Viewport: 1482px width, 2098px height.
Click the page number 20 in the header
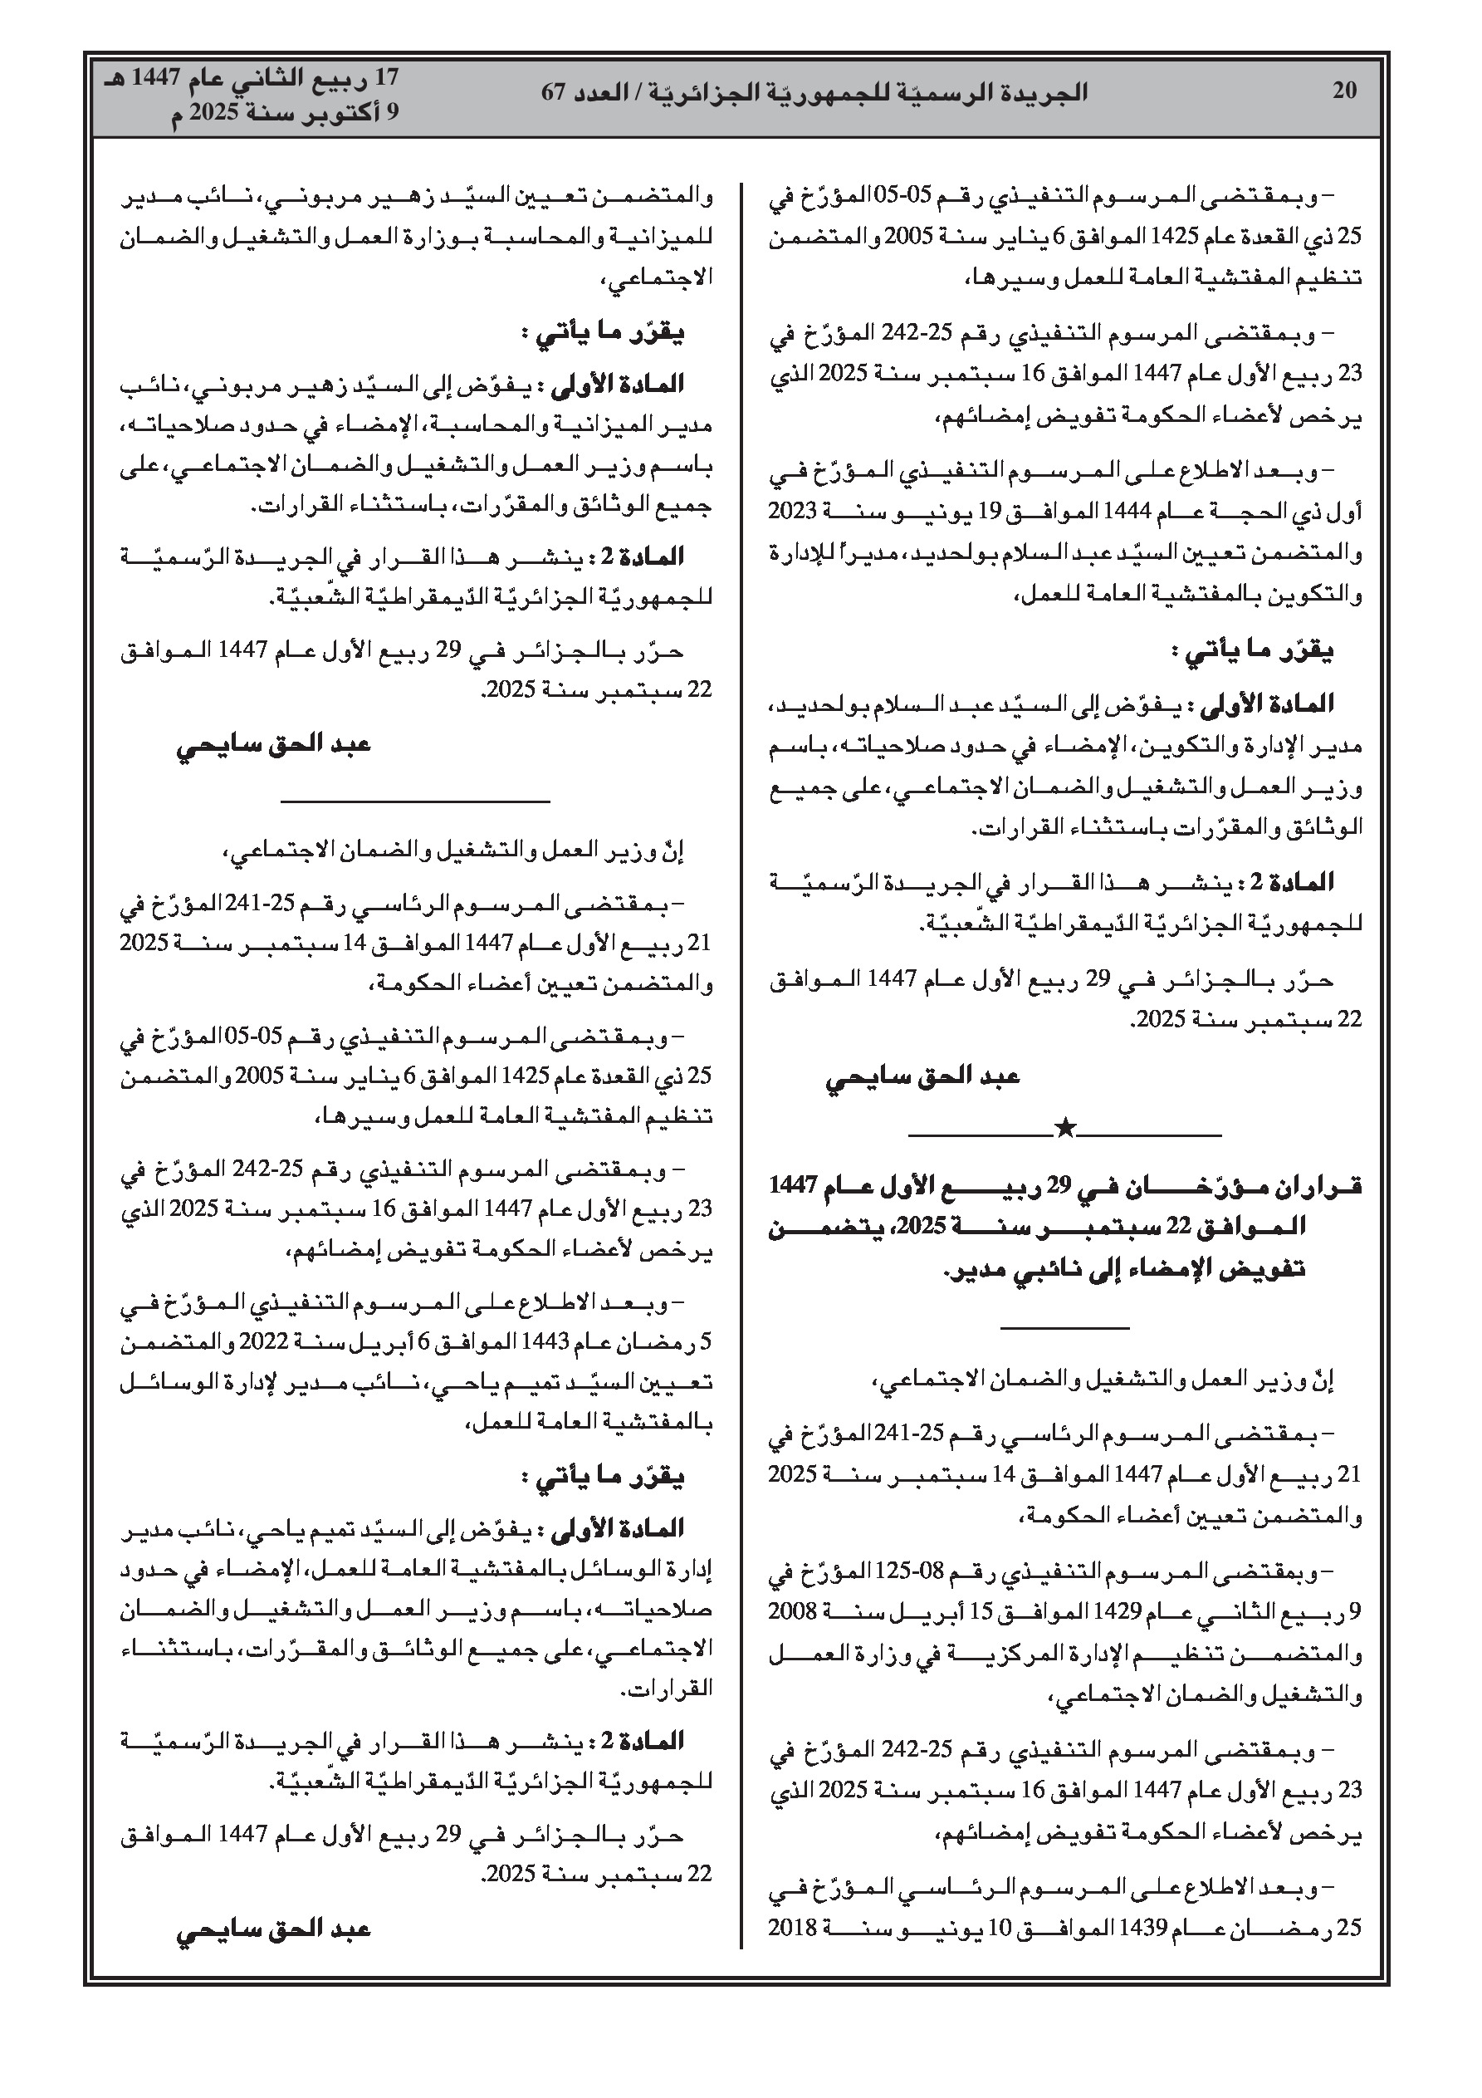(x=1344, y=91)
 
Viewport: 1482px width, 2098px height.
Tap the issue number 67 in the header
(x=554, y=92)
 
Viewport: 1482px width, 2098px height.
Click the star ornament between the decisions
(x=1064, y=1130)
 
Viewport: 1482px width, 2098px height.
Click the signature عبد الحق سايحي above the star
(x=922, y=1076)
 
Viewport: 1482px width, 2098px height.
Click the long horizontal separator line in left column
(x=415, y=802)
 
